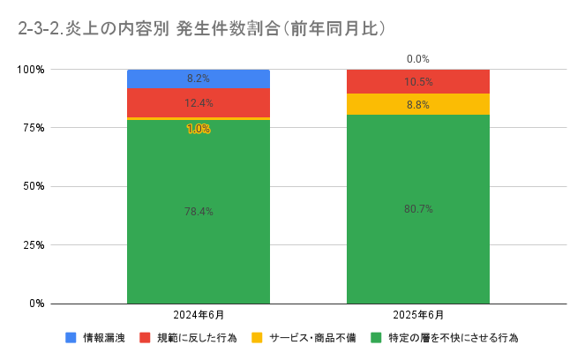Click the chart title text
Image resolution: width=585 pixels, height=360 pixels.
click(202, 28)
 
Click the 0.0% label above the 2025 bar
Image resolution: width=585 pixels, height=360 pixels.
click(417, 59)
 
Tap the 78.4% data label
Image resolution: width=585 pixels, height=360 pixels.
click(198, 212)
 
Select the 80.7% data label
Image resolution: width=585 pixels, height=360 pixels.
click(417, 209)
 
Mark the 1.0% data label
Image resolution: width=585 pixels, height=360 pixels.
click(198, 129)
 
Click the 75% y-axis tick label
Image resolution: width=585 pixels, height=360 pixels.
click(33, 128)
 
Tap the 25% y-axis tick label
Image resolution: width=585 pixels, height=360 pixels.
click(33, 244)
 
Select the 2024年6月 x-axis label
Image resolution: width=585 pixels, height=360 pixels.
click(198, 315)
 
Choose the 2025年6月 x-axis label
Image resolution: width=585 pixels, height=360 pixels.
click(417, 315)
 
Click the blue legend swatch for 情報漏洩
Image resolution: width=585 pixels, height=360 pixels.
click(71, 337)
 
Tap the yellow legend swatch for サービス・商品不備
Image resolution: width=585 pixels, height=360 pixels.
click(257, 337)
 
